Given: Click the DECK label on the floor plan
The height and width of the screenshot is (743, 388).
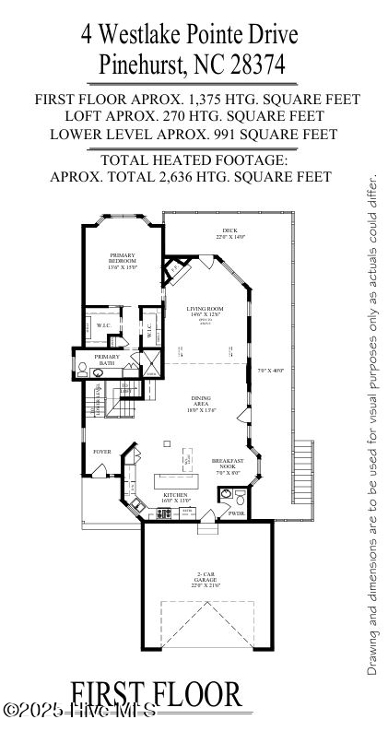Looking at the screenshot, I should tap(228, 232).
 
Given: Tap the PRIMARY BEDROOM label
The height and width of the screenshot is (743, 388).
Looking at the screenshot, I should tap(123, 260).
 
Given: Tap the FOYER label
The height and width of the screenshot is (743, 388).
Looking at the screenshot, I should tap(101, 451).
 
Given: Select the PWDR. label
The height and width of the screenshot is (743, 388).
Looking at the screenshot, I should tap(236, 513).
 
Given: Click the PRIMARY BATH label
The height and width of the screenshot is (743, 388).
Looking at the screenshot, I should tap(106, 360).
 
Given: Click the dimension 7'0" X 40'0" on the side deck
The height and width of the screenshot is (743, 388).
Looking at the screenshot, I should tap(273, 370).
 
